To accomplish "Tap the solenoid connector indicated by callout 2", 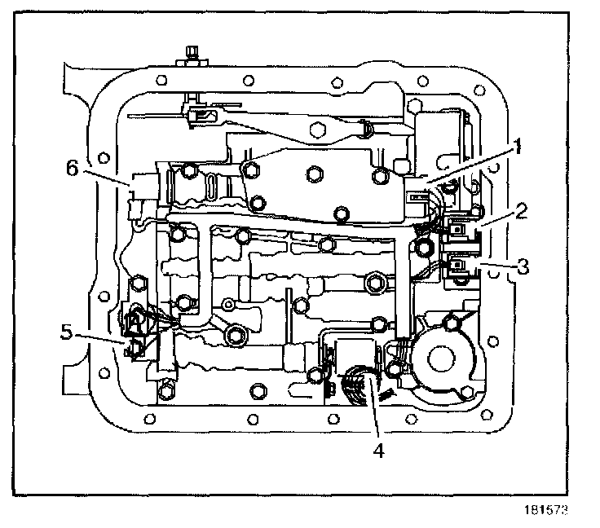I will click(458, 231).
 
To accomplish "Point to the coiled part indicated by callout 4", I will click(359, 382).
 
